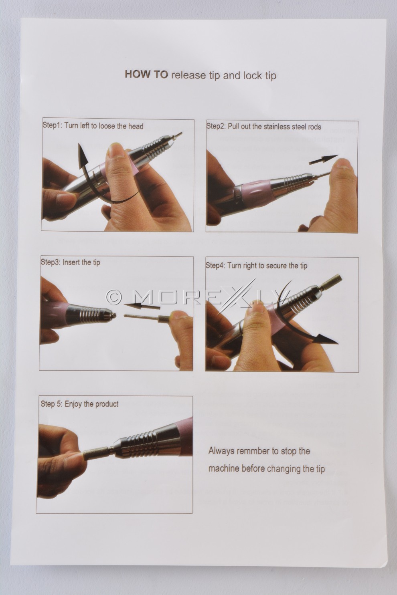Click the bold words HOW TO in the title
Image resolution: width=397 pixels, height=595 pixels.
coord(146,75)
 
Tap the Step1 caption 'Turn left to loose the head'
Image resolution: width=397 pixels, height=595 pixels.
coord(104,126)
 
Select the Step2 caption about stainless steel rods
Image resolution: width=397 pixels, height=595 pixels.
coord(274,127)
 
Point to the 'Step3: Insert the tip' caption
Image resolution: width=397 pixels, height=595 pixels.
coord(71,262)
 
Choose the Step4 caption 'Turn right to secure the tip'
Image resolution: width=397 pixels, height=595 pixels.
coord(267,266)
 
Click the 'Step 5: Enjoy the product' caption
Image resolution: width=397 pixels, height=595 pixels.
coord(79,404)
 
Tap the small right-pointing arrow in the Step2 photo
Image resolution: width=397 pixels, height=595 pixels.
coord(323,160)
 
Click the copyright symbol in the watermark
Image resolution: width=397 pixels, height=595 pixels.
coord(113,297)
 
